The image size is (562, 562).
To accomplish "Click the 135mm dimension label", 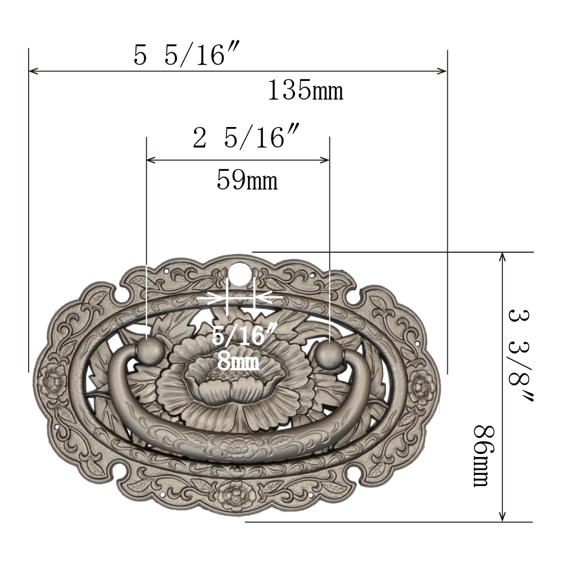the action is tap(305, 90).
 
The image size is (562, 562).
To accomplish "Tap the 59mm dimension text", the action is tap(247, 180).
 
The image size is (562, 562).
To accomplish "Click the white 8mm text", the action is tap(238, 362).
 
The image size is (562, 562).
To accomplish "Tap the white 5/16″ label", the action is tap(244, 335).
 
